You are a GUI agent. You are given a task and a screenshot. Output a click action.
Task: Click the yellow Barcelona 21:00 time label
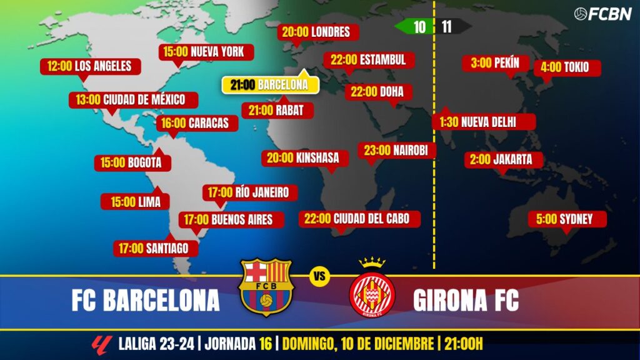click(269, 85)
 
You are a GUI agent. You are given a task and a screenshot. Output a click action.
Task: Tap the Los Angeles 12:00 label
click(90, 66)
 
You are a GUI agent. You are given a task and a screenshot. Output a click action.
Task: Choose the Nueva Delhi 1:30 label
click(484, 122)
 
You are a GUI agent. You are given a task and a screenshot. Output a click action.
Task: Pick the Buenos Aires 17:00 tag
click(231, 219)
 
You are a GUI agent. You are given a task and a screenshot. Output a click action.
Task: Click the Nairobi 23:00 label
click(396, 150)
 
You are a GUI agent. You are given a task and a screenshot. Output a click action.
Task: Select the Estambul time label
click(368, 60)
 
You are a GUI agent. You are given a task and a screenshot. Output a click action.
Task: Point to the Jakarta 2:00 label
click(504, 159)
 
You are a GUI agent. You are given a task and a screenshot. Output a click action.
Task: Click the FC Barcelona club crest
click(266, 287)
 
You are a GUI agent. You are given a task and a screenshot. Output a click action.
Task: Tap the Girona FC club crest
click(372, 289)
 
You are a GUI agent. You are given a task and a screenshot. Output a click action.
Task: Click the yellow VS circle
click(319, 278)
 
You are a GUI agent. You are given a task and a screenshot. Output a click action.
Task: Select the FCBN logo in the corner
click(602, 14)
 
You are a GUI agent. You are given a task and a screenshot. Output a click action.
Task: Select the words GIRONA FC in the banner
click(466, 301)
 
